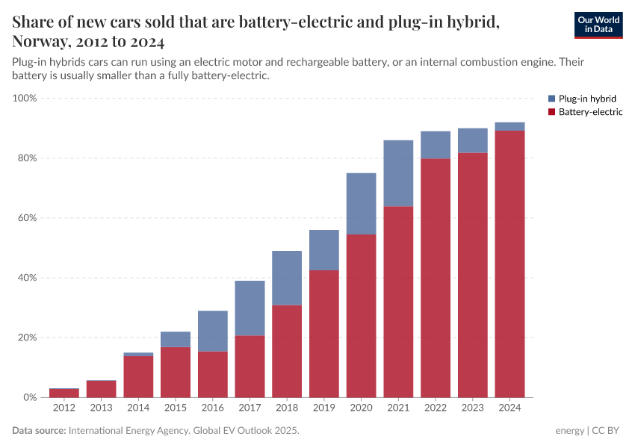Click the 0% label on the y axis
tap(29, 397)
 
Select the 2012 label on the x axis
tap(64, 408)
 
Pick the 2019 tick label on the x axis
tap(324, 408)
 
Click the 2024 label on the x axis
tap(509, 408)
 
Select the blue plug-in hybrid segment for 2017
tap(250, 308)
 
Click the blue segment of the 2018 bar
tap(287, 278)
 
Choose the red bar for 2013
tap(101, 389)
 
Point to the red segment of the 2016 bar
tap(213, 374)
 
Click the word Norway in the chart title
tap(37, 41)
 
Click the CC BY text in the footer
tap(608, 431)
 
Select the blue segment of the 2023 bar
tap(473, 140)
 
